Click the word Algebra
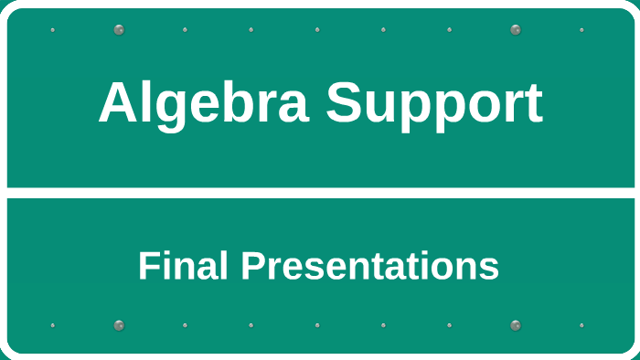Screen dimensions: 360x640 tap(204, 102)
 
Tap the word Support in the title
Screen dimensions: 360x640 tap(434, 104)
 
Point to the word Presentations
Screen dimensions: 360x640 tap(369, 267)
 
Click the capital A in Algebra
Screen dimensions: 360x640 tap(117, 102)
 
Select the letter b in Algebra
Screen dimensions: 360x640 tap(240, 102)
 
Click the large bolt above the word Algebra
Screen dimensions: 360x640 tap(119, 29)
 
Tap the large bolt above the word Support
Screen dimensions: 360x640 tap(516, 29)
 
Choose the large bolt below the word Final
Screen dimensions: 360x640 tap(119, 325)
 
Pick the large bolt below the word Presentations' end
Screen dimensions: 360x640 tap(516, 325)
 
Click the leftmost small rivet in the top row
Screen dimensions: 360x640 tap(52, 29)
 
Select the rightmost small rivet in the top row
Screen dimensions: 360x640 tap(581, 29)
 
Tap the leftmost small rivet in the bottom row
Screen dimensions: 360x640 tap(52, 325)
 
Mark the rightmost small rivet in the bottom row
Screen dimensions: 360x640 tap(581, 325)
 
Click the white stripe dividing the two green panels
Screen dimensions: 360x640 tap(320, 193)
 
